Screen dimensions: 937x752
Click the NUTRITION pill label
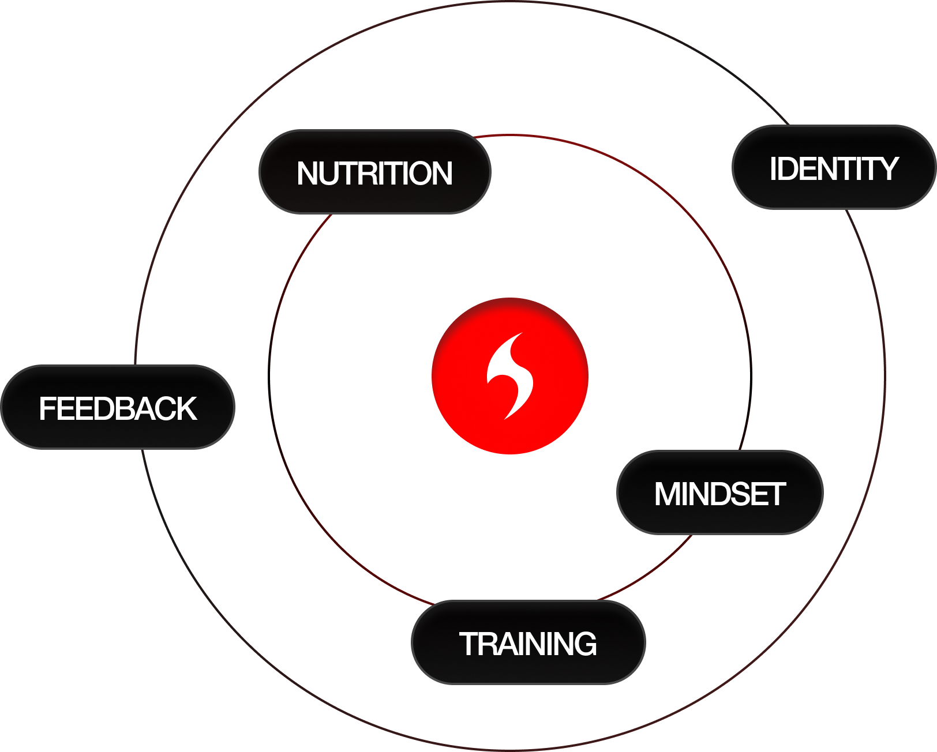click(x=374, y=172)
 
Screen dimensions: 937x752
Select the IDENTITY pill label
click(x=834, y=168)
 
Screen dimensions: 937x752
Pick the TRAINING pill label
click(x=528, y=643)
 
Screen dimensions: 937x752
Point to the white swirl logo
click(x=509, y=376)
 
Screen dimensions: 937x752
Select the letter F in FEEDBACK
click(x=46, y=408)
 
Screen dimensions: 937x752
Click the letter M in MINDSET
click(x=668, y=494)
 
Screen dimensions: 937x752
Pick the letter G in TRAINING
click(x=584, y=644)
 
